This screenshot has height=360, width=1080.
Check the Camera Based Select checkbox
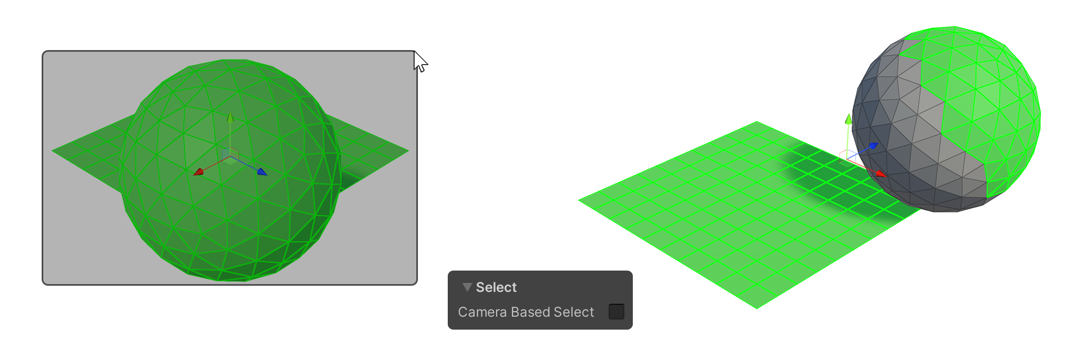616,312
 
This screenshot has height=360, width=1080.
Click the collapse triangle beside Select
467,287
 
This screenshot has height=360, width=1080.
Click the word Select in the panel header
496,287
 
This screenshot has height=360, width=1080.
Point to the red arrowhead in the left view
198,172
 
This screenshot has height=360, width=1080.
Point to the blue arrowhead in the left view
262,172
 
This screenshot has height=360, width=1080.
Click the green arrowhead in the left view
230,117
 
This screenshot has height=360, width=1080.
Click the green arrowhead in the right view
849,119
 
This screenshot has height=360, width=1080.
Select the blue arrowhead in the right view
873,146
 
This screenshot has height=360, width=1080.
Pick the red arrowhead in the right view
881,174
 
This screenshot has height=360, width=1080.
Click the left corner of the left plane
52,151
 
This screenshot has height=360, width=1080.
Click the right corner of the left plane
408,151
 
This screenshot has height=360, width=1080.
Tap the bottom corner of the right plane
757,309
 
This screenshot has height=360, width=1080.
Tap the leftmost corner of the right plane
579,200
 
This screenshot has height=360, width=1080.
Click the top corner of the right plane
757,121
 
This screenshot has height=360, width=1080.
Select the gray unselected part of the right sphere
906,141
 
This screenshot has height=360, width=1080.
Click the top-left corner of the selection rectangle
43,52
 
